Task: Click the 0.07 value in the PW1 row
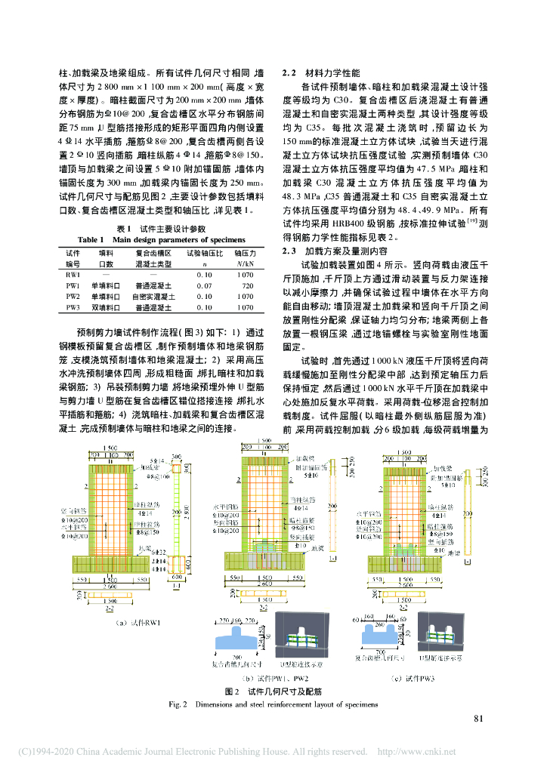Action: pos(205,287)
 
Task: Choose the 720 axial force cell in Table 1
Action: pos(247,287)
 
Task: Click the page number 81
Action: pos(478,718)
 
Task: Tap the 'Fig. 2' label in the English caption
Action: pos(178,704)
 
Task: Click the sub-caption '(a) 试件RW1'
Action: pos(138,622)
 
